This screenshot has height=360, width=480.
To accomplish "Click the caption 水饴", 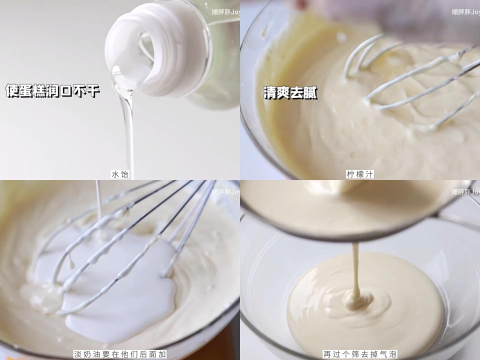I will (x=120, y=174).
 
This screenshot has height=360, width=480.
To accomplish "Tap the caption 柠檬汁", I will (x=360, y=174).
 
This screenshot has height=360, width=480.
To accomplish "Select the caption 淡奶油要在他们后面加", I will (x=120, y=354).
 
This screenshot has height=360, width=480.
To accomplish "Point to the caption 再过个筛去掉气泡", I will (x=360, y=354).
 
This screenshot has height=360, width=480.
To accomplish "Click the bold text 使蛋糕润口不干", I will (x=52, y=91).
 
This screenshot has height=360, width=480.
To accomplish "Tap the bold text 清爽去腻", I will (x=290, y=92).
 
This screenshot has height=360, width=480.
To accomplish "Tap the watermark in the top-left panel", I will (x=225, y=11).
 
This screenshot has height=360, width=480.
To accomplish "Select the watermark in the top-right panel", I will (x=465, y=11).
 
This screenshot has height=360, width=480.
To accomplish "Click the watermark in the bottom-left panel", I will (x=225, y=191).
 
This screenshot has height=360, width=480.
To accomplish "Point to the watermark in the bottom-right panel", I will (x=465, y=191).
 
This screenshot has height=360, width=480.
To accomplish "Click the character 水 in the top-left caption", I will (x=114, y=174).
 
